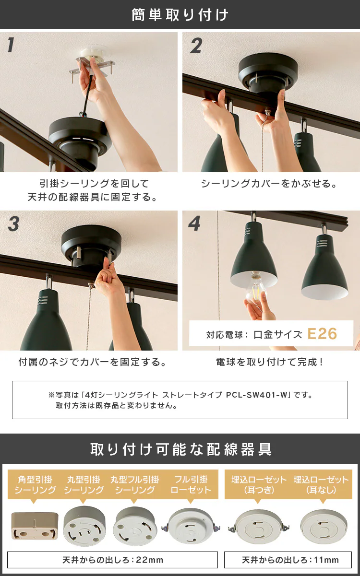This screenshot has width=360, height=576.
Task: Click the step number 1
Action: (11, 45)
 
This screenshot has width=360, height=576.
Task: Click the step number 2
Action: (196, 46)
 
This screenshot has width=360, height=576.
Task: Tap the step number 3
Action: (13, 223)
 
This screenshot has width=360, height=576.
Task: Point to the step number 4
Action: (194, 223)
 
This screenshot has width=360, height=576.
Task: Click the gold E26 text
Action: (322, 334)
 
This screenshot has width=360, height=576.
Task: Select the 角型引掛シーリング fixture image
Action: (35, 526)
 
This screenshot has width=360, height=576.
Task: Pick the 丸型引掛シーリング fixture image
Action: (84, 526)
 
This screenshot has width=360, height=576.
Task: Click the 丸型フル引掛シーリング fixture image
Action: (135, 526)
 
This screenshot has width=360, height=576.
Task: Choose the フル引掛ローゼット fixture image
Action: (191, 526)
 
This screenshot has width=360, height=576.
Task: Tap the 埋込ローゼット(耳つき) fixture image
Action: (258, 527)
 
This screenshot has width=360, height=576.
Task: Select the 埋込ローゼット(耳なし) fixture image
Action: (324, 527)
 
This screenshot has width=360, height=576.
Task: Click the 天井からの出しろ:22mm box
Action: (112, 560)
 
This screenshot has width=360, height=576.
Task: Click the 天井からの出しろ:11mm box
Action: (288, 560)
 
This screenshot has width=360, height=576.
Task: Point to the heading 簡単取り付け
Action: (180, 15)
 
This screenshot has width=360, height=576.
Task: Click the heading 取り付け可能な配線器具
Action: (181, 449)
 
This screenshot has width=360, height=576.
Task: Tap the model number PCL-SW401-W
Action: (256, 395)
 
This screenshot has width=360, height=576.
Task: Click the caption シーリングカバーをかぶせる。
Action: (269, 184)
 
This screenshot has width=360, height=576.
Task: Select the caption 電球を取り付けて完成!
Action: (269, 362)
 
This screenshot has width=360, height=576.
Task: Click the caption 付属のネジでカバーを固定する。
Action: (92, 362)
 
